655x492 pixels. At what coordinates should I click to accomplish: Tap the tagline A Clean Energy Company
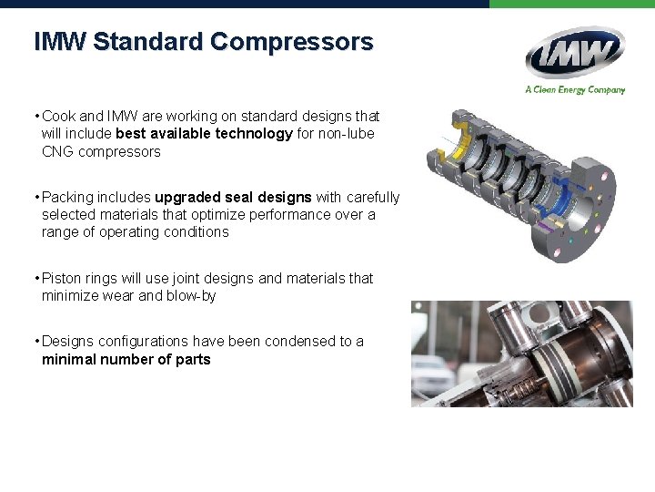[574, 89]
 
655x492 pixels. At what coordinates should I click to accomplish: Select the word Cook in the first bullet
[59, 117]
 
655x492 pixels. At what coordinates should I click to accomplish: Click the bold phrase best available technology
[205, 134]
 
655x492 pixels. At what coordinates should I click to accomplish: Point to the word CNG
[58, 151]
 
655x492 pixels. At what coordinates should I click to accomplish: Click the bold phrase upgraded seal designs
[234, 197]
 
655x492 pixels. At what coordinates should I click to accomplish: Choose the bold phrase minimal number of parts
[126, 359]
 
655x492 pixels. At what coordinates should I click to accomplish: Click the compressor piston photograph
[521, 354]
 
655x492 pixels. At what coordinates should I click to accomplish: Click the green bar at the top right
[571, 4]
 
